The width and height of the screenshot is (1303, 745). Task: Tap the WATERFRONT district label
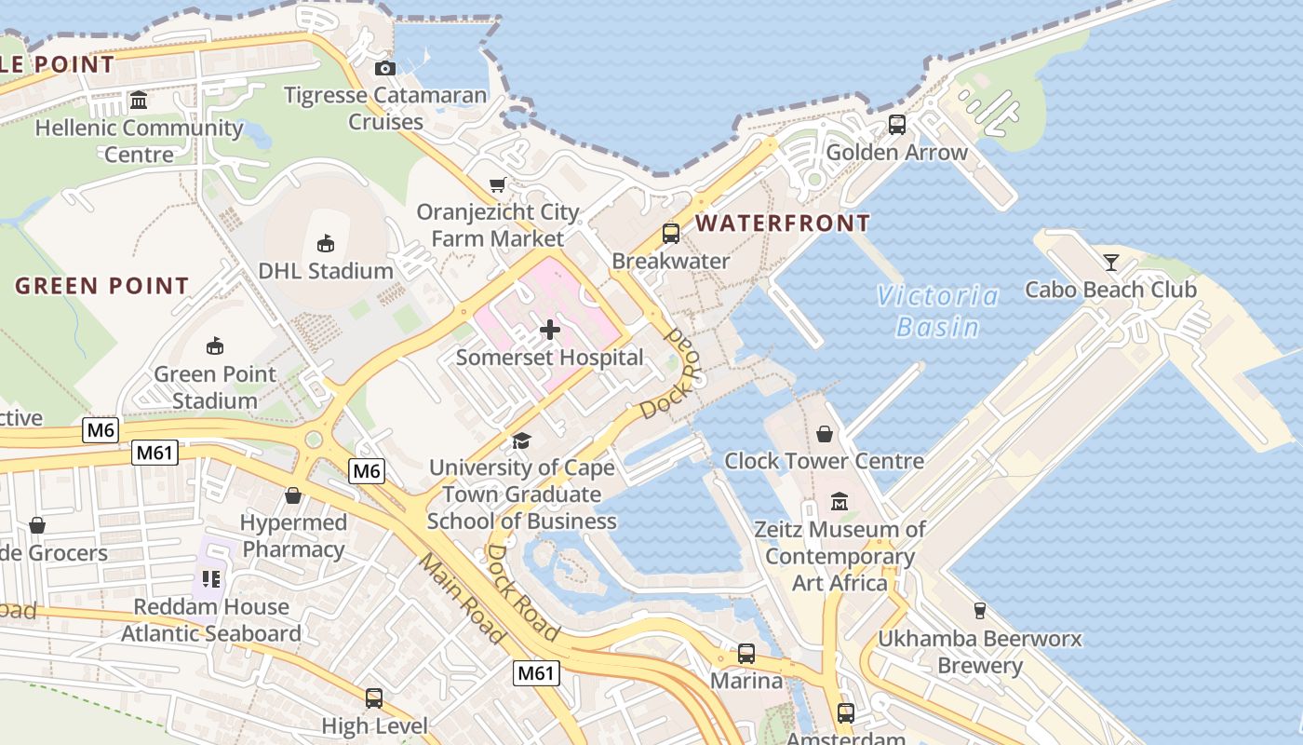783,223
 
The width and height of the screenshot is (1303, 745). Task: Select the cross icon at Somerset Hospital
550,329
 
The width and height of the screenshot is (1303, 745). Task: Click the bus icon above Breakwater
670,233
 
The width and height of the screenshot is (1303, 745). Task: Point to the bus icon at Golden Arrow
896,124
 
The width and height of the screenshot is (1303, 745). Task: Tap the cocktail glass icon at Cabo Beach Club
1110,262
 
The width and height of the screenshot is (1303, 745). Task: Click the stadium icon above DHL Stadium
325,244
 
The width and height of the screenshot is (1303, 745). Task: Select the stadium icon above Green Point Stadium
215,346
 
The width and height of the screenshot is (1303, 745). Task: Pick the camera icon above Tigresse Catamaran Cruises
384,68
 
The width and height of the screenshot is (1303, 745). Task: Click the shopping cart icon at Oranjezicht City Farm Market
498,184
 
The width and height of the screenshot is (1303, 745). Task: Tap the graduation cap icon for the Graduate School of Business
521,440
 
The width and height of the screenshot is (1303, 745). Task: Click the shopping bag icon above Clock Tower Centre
824,433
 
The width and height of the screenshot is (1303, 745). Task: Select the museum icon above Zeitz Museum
840,502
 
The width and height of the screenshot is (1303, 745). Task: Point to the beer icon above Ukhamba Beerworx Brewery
979,611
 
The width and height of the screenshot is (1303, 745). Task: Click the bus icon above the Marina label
746,653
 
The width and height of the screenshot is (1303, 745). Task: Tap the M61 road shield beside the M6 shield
154,454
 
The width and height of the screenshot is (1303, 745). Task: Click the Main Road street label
460,599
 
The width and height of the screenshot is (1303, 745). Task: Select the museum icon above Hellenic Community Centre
139,100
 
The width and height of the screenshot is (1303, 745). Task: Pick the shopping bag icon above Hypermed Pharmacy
293,495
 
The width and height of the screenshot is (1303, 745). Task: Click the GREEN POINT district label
102,286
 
